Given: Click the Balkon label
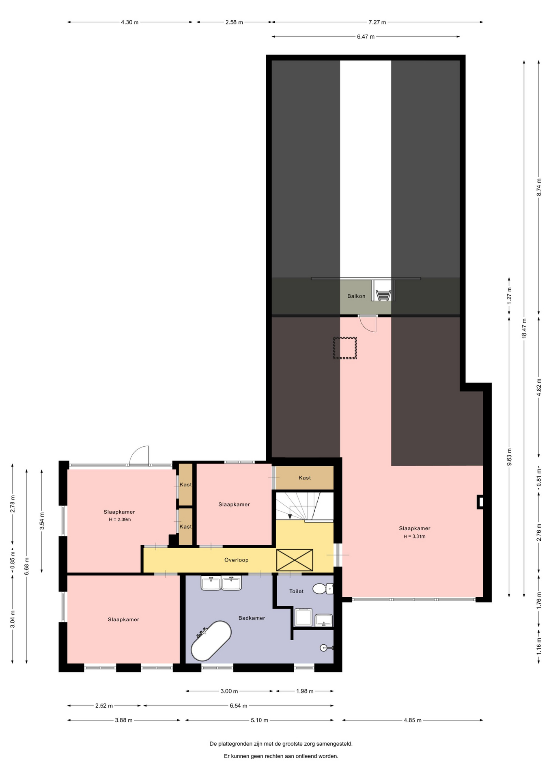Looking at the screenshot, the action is [x=356, y=296].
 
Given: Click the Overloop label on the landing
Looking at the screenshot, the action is [x=236, y=560].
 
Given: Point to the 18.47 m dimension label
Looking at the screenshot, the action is [x=524, y=328].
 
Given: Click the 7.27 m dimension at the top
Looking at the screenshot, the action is [x=377, y=22].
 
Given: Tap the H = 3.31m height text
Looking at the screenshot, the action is [x=414, y=536].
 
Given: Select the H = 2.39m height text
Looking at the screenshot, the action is [x=119, y=519].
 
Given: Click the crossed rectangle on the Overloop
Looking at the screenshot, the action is [x=295, y=560].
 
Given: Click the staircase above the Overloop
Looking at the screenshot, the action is [x=305, y=506].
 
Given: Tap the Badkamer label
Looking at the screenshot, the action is [x=252, y=618].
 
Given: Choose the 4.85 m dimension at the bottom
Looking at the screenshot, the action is [x=413, y=720].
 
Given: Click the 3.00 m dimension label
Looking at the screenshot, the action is [x=229, y=691].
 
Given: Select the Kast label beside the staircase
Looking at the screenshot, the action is [x=305, y=478].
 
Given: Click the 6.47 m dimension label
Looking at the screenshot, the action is [x=366, y=37].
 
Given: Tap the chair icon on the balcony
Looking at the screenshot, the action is [x=383, y=295].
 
